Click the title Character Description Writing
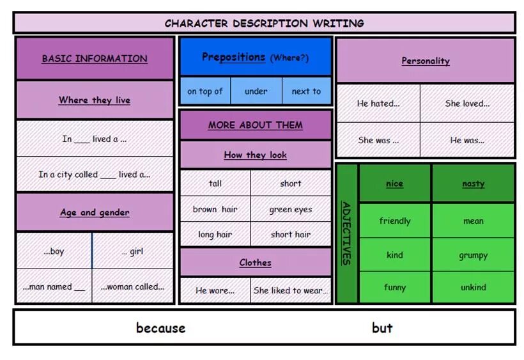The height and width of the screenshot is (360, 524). [264, 23]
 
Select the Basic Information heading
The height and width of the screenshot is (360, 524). [95, 58]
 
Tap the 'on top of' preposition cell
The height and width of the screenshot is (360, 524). [205, 91]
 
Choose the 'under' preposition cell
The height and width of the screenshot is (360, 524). [256, 91]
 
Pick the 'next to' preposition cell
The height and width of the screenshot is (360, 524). [306, 91]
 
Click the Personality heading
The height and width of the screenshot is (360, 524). [426, 61]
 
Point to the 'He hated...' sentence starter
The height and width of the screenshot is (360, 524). [378, 103]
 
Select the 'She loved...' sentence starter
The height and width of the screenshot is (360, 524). [467, 103]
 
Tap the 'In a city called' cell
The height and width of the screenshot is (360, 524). [95, 174]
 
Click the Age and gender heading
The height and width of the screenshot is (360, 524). [95, 212]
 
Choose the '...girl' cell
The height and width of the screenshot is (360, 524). [133, 251]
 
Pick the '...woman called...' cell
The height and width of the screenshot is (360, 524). [132, 287]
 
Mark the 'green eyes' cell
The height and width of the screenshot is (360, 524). [291, 209]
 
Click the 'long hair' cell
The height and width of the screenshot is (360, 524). [215, 235]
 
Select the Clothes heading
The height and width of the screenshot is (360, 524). [256, 263]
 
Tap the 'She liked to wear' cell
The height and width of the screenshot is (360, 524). [291, 290]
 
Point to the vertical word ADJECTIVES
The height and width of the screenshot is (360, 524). [346, 233]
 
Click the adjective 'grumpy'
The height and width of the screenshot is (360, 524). [473, 255]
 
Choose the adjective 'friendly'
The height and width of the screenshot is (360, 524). [395, 221]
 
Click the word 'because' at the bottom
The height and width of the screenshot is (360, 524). [160, 328]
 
